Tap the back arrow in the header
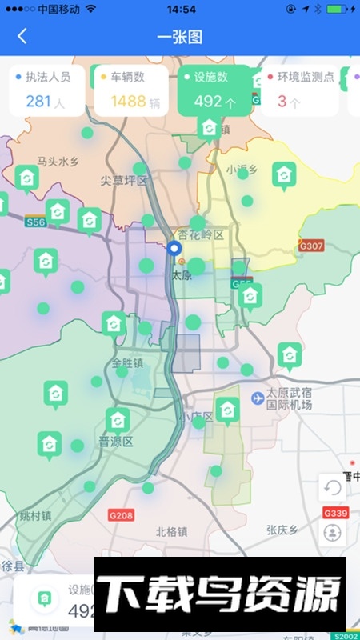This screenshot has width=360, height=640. (x=22, y=36)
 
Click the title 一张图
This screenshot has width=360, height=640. (x=179, y=36)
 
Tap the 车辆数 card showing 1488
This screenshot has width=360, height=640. (x=130, y=90)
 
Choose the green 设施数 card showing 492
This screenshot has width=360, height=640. (x=214, y=90)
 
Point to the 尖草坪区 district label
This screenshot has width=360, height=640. (x=124, y=181)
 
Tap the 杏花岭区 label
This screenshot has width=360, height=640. (x=201, y=234)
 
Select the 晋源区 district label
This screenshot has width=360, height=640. (x=115, y=441)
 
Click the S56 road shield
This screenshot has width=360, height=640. (x=35, y=222)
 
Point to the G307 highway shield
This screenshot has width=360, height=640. (x=310, y=246)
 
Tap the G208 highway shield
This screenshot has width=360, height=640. (x=120, y=515)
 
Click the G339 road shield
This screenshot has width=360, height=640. (x=335, y=512)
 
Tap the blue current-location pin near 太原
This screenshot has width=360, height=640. (x=174, y=250)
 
